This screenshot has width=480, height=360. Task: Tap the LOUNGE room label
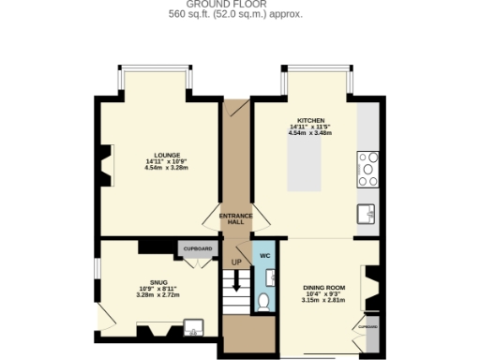[x=167, y=155]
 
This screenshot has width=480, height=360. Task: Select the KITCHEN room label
[x=310, y=122]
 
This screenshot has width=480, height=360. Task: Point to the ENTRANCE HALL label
[x=236, y=218]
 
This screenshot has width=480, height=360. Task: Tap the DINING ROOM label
[x=324, y=287]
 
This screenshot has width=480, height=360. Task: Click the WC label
[x=264, y=255]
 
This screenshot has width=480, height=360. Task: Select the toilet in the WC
[x=264, y=301]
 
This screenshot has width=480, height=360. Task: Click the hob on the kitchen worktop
[x=367, y=170]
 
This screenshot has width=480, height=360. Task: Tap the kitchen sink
[x=367, y=215]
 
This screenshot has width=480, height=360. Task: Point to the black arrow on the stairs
[x=236, y=279]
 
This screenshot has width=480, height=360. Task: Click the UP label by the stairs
[x=236, y=262]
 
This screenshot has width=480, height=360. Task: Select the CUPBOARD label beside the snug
[x=197, y=249]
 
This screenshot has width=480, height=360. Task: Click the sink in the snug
[x=195, y=328]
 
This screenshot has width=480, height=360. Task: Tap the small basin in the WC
[x=270, y=276]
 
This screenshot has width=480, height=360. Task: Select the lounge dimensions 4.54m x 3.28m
[x=167, y=168]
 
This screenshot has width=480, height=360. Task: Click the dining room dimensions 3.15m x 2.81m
[x=324, y=301]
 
